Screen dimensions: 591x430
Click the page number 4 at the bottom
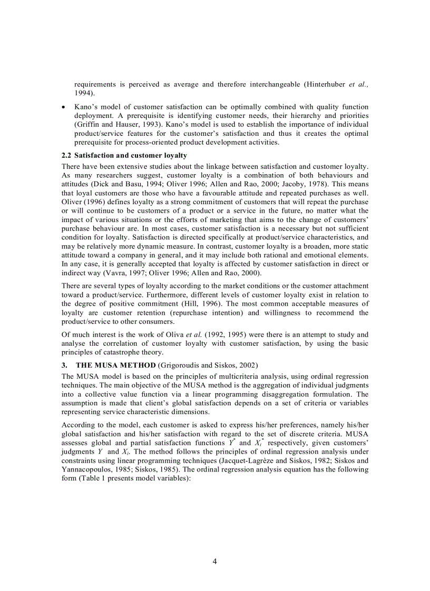tap(214, 561)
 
